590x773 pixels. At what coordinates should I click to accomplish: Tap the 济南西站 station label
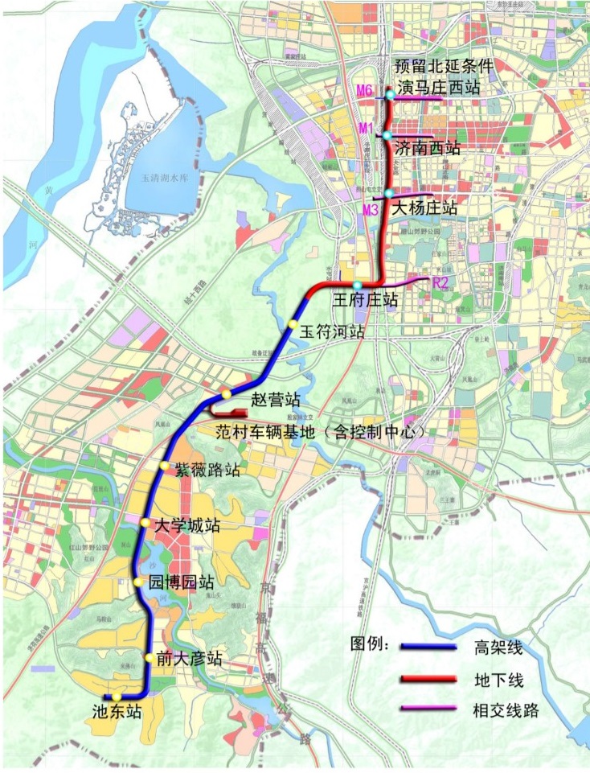[x=428, y=148]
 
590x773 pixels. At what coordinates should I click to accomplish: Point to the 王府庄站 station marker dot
[x=357, y=285]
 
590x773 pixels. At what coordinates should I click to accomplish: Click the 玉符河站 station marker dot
[x=293, y=323]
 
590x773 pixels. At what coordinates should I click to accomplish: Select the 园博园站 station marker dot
[x=140, y=582]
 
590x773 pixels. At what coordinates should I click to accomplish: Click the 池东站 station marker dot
[x=117, y=697]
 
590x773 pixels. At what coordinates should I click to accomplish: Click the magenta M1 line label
[x=366, y=129]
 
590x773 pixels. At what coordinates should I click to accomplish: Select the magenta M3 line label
[x=370, y=210]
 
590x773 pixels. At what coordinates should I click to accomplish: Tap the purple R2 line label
[x=439, y=282]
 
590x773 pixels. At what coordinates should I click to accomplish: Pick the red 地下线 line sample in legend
[x=430, y=680]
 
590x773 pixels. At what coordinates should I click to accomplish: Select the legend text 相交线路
[x=506, y=710]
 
